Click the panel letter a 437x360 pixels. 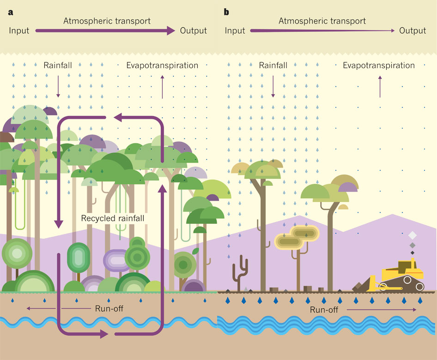pyautogui.click(x=10, y=12)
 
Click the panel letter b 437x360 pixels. pyautogui.click(x=226, y=12)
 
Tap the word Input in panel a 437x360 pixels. pyautogui.click(x=19, y=31)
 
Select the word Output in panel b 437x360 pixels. pyautogui.click(x=413, y=31)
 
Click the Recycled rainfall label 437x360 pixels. pyautogui.click(x=113, y=218)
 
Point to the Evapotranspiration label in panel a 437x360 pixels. pyautogui.click(x=162, y=66)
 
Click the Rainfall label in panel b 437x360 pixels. pyautogui.click(x=273, y=66)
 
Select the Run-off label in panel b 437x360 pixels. pyautogui.click(x=324, y=310)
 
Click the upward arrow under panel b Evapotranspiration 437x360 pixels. pyautogui.click(x=380, y=86)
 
